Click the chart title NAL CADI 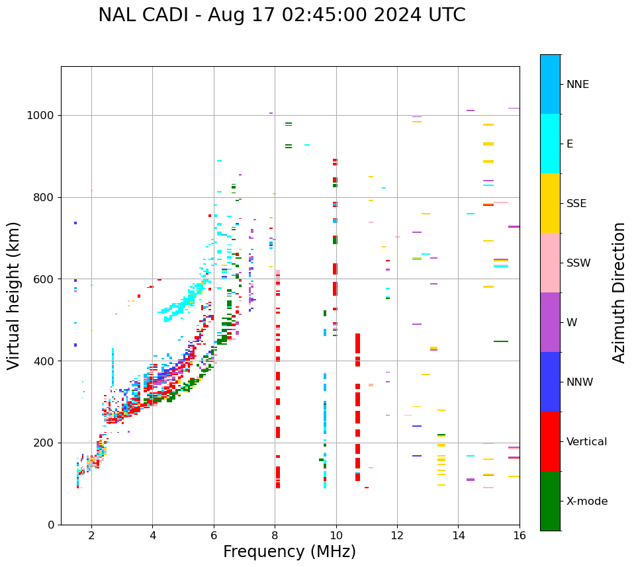tap(281, 15)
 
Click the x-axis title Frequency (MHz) tap(289, 552)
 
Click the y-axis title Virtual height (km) tap(14, 295)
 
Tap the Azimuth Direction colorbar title tap(619, 292)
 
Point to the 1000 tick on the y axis tap(41, 115)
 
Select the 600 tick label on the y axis tap(44, 279)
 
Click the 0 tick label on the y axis tap(51, 525)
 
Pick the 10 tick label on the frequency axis tap(336, 536)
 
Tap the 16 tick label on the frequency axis tap(520, 536)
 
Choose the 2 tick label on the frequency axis tap(91, 536)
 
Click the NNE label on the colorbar tap(578, 85)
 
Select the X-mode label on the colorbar tap(587, 502)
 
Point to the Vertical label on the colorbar tap(586, 442)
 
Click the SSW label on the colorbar tap(578, 263)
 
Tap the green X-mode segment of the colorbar tap(550, 501)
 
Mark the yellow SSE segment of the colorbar tap(550, 203)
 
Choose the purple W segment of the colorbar tap(550, 322)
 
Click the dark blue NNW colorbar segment tap(550, 382)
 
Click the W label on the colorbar tap(571, 323)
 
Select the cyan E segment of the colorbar tap(550, 144)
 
